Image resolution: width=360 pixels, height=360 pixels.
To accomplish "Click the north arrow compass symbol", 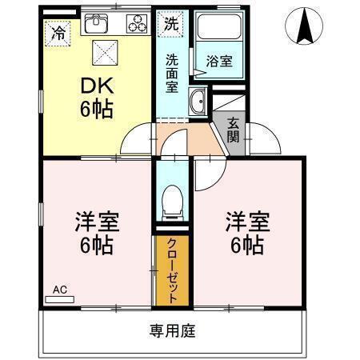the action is point(304,26).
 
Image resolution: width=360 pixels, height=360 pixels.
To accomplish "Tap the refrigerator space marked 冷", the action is point(58,34).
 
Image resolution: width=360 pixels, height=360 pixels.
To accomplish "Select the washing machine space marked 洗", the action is point(170,24).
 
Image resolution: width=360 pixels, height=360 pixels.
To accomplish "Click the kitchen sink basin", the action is point(96,23).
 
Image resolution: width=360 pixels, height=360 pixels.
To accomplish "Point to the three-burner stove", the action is point(137,23).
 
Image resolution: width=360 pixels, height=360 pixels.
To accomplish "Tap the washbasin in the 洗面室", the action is point(198,102).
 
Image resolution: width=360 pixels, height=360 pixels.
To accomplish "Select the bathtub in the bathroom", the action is point(220,26).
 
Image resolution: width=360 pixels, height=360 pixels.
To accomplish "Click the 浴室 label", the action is point(219,62).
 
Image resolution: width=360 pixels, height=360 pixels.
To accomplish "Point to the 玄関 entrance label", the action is point(233,130).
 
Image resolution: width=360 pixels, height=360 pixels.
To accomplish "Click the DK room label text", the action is point(98,86).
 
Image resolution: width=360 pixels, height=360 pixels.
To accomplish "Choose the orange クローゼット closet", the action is point(172,270).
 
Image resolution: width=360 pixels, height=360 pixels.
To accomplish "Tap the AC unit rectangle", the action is point(60,299).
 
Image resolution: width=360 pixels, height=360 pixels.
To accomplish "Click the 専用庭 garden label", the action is point(172,330).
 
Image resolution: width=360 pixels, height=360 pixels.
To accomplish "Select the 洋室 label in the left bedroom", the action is point(97,222).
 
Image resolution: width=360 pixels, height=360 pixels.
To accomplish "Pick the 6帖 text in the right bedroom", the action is point(247,246).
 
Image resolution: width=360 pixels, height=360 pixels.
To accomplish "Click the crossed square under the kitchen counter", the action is point(105,53).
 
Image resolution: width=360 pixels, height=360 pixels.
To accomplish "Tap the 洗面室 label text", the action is point(172,73).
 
